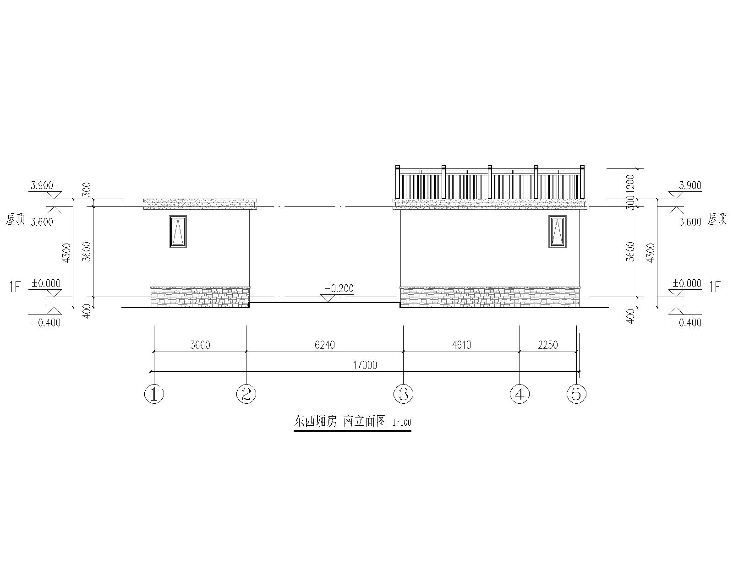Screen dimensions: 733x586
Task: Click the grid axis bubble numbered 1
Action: point(154,394)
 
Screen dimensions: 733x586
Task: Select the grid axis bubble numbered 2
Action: point(246,394)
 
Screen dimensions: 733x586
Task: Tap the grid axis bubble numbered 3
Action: point(403,394)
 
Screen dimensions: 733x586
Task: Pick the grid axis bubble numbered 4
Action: point(520,394)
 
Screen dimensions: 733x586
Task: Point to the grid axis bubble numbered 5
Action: point(576,394)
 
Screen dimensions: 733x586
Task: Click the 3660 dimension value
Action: point(200,345)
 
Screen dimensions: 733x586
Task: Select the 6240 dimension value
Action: point(325,345)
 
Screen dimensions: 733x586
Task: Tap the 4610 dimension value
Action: point(461,345)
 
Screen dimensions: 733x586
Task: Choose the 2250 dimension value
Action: point(548,345)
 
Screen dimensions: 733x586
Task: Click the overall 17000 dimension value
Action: point(365,365)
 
